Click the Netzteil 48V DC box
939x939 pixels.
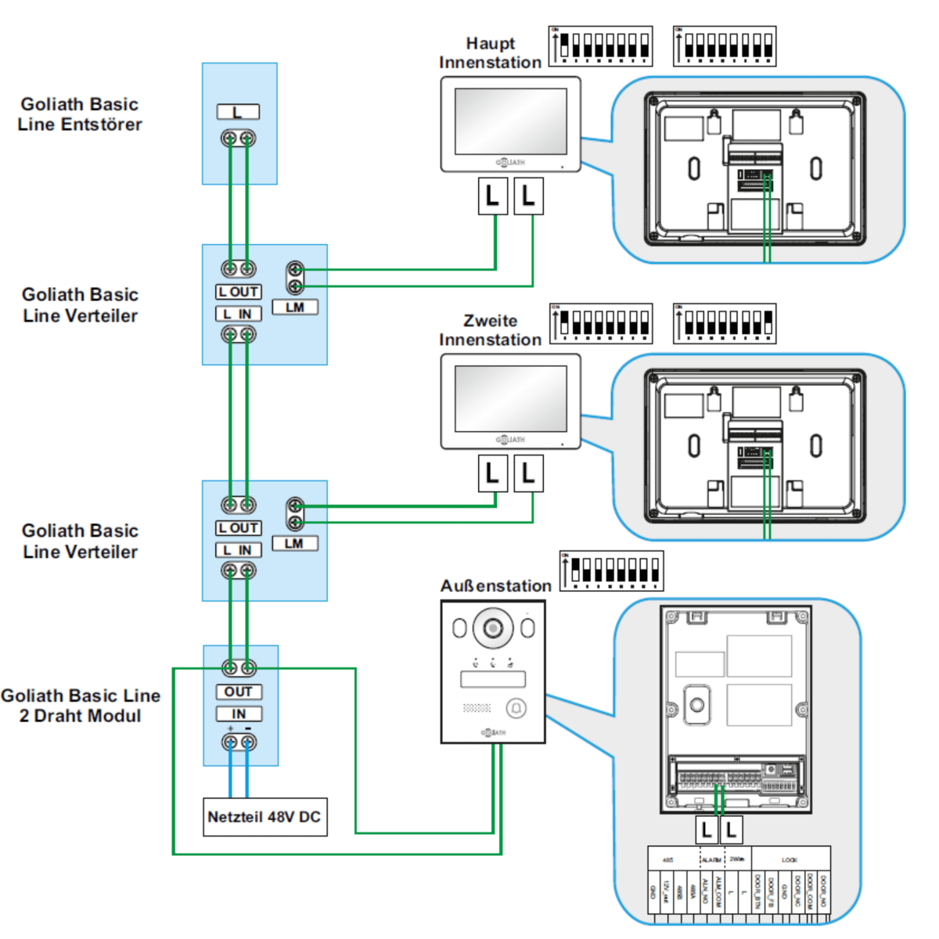pyautogui.click(x=264, y=817)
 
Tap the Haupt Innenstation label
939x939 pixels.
pyautogui.click(x=490, y=53)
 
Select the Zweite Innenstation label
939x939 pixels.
pyautogui.click(x=490, y=330)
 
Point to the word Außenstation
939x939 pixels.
pyautogui.click(x=495, y=586)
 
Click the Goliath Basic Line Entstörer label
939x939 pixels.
pyautogui.click(x=80, y=114)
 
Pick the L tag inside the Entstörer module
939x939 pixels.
pyautogui.click(x=238, y=112)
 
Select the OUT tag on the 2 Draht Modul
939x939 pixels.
pyautogui.click(x=239, y=692)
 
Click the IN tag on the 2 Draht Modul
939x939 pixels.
pyautogui.click(x=239, y=714)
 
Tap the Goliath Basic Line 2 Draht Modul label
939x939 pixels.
pyautogui.click(x=81, y=706)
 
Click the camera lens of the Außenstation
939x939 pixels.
pyautogui.click(x=493, y=628)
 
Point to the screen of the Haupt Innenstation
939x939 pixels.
pyautogui.click(x=510, y=121)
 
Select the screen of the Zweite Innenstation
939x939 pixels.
pyautogui.click(x=510, y=398)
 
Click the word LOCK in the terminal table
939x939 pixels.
pyautogui.click(x=789, y=860)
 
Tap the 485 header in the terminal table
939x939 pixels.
pyautogui.click(x=667, y=860)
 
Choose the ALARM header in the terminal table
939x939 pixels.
pyautogui.click(x=711, y=860)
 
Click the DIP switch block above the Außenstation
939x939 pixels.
pyautogui.click(x=611, y=571)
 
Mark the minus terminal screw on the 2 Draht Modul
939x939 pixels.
pyautogui.click(x=248, y=743)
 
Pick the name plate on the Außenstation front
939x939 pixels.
pyautogui.click(x=493, y=679)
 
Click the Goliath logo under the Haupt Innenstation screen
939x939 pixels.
pyautogui.click(x=510, y=163)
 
